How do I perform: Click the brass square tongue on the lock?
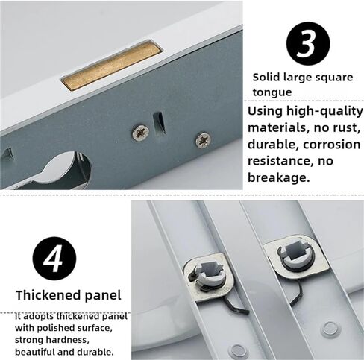point(112,66)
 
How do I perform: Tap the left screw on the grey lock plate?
point(139,131)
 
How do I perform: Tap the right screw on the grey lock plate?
point(202,139)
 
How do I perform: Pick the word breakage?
point(277,178)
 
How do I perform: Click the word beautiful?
point(33,351)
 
